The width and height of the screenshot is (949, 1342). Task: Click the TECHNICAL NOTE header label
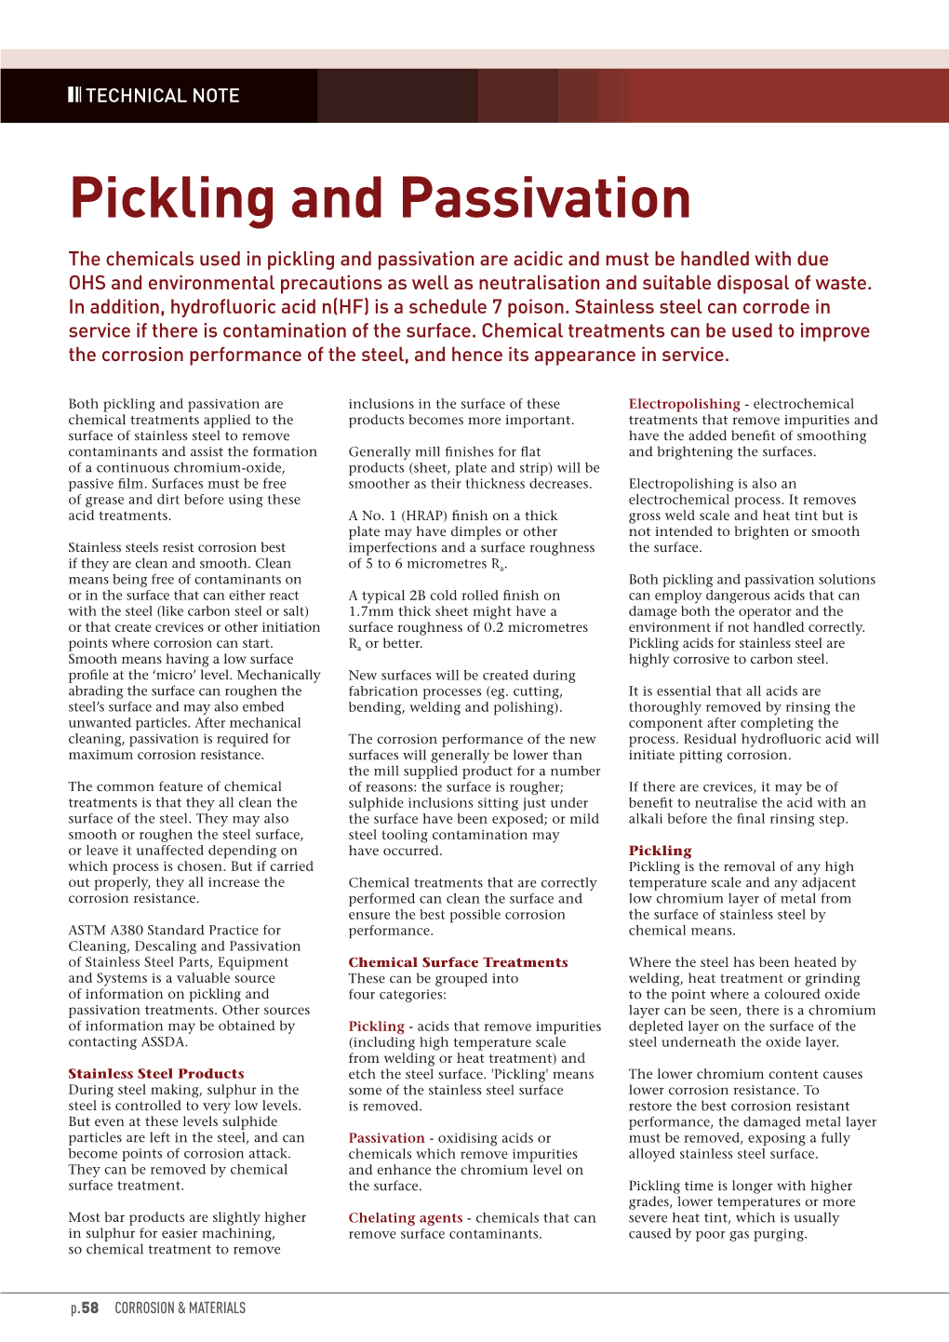(162, 96)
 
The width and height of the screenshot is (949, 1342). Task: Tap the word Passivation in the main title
(546, 199)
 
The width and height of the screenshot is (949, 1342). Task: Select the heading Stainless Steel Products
(156, 1073)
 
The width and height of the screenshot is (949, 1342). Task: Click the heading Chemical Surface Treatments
(458, 962)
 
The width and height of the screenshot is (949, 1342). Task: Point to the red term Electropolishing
(684, 404)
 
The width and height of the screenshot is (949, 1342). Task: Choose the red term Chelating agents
(405, 1217)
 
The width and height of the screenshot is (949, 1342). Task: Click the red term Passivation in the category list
(386, 1137)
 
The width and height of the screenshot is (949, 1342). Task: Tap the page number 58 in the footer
(89, 1308)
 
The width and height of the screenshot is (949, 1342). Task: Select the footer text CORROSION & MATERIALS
(180, 1308)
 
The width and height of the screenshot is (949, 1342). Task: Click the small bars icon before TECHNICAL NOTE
(74, 95)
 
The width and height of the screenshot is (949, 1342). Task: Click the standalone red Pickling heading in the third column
(660, 851)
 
